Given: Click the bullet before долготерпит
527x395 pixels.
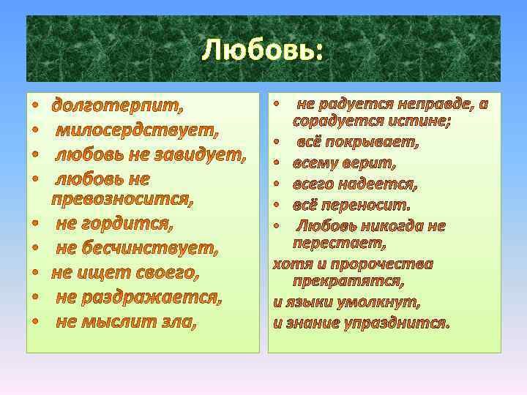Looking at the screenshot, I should coord(34,107).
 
